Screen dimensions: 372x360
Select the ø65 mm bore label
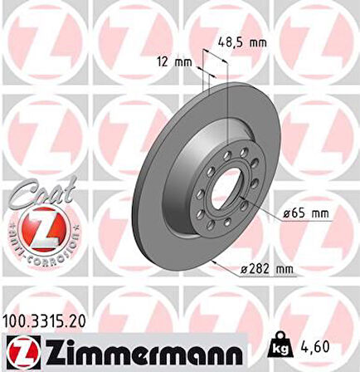point(306,213)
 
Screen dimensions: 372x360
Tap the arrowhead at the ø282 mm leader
point(213,262)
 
